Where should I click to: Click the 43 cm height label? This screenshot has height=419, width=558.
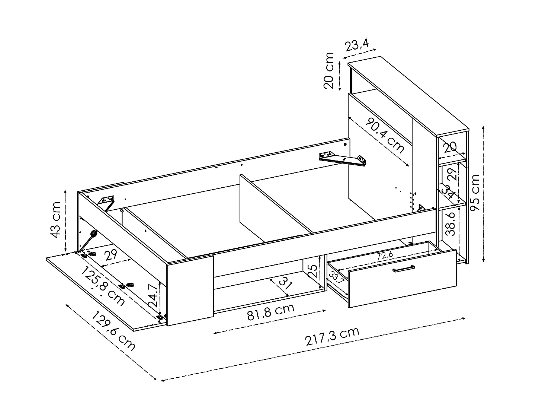(56, 220)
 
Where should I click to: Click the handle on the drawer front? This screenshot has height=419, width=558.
(404, 269)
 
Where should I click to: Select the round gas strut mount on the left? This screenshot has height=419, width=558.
(93, 234)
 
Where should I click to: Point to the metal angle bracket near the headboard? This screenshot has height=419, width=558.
(343, 158)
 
